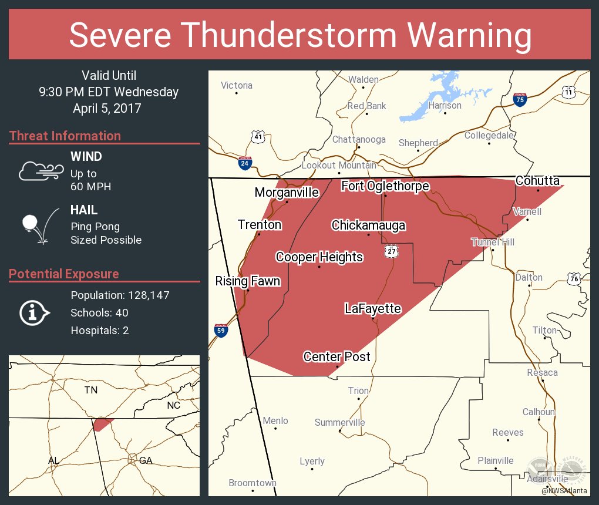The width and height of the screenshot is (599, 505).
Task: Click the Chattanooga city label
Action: [x=359, y=140]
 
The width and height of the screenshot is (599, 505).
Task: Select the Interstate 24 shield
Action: [x=245, y=163]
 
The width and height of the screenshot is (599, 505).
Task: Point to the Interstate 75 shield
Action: [x=519, y=99]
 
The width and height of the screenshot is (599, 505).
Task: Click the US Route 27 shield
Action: [x=392, y=251]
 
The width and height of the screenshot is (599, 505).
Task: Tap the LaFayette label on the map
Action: [x=373, y=309]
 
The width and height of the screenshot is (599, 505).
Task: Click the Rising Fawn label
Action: [x=247, y=281]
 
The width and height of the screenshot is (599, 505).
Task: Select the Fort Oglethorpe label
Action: [x=385, y=186]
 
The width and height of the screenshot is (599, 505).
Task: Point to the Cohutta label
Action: [x=537, y=180]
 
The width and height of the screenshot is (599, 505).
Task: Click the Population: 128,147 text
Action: [x=120, y=295]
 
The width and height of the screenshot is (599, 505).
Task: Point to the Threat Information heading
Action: [x=65, y=136]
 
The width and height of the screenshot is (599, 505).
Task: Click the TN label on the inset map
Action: [x=90, y=390]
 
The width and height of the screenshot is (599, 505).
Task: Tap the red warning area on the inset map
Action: [x=102, y=424]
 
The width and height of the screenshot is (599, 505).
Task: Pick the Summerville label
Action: [x=339, y=423]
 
